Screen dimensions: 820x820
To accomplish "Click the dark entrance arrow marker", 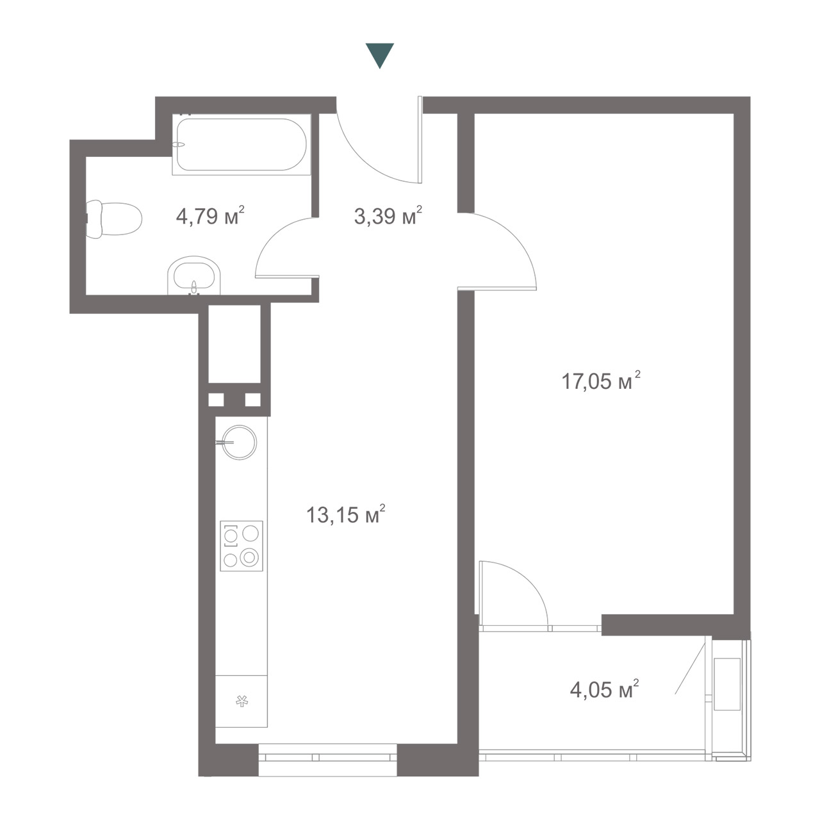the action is click(380, 54).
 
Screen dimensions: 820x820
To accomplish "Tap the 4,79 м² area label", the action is click(210, 216).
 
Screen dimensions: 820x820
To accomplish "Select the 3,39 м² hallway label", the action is click(388, 216).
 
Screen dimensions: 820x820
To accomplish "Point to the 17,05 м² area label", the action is click(601, 381).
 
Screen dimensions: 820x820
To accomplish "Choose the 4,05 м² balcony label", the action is click(604, 689).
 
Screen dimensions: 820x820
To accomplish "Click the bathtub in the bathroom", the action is click(242, 144).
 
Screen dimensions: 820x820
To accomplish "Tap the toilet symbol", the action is click(113, 220).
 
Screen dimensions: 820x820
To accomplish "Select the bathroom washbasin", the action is click(194, 275).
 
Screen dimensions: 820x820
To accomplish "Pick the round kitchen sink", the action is click(240, 443).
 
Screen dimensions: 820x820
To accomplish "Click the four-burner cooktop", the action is click(242, 546).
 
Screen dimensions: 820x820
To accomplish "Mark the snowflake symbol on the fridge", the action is click(242, 701).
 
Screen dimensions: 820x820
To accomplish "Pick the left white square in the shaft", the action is click(216, 400).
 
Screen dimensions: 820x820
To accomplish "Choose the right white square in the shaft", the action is click(253, 400).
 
